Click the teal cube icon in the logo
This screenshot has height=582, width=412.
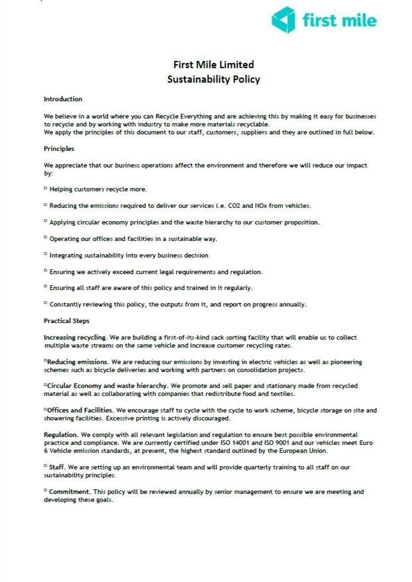tap(284, 19)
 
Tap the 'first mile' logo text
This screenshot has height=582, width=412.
tap(339, 21)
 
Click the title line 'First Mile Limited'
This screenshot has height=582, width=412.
tap(213, 64)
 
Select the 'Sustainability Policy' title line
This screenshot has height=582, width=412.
tap(213, 79)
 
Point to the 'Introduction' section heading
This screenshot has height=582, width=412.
tap(63, 99)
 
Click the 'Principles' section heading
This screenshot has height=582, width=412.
tap(59, 148)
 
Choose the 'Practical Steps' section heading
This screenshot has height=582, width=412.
tap(67, 321)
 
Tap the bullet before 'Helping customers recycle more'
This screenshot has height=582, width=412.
tap(46, 189)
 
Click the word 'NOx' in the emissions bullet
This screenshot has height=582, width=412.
tap(262, 206)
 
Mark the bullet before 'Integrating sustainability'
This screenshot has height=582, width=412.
tap(46, 255)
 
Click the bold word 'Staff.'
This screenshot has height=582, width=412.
tap(60, 467)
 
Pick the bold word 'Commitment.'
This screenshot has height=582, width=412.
tap(70, 492)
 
